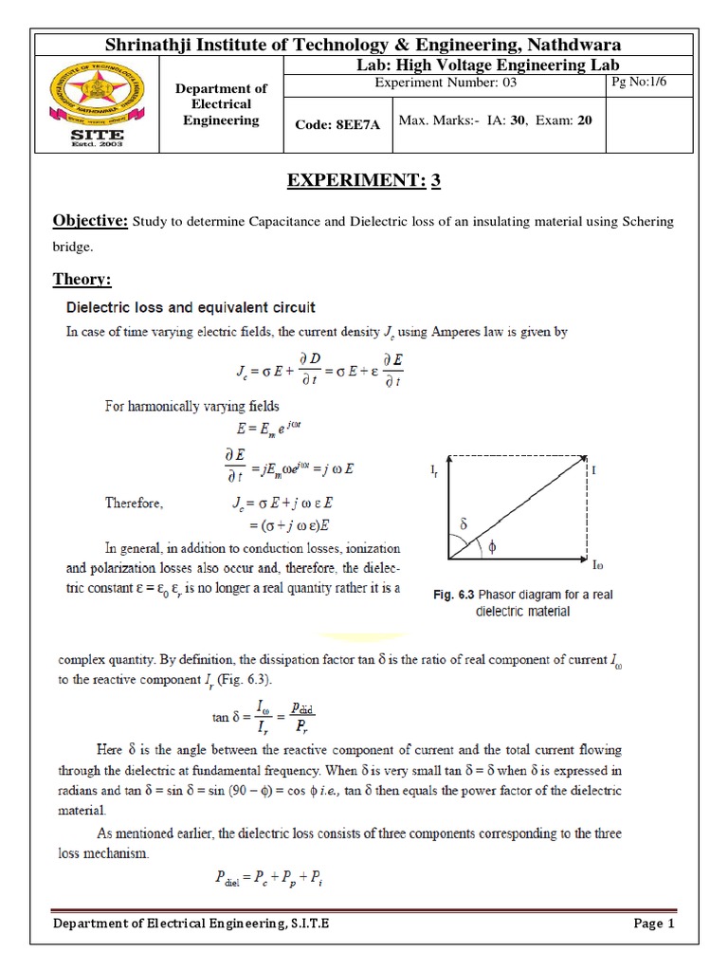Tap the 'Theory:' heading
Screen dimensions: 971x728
tap(81, 279)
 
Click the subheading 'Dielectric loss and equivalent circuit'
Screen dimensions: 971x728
tap(189, 307)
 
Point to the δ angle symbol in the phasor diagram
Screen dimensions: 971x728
tap(464, 523)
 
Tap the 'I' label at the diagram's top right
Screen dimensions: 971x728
tap(594, 469)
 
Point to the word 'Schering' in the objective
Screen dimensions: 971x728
tap(648, 222)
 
